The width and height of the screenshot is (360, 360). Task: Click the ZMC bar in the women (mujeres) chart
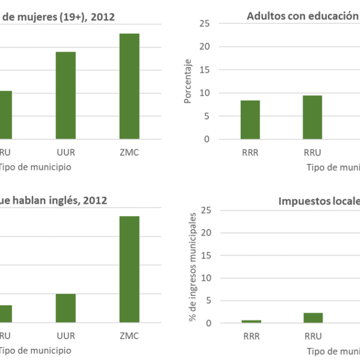(129, 86)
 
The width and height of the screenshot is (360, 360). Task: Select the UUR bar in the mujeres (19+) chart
(66, 95)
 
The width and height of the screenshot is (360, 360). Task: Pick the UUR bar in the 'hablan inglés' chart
(66, 308)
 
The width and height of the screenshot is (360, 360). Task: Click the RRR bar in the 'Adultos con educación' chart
(250, 120)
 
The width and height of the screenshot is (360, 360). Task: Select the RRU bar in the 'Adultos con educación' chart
(313, 117)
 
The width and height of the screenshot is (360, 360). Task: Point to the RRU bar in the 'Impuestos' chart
(313, 318)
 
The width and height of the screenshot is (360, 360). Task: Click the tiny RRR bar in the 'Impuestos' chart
(251, 321)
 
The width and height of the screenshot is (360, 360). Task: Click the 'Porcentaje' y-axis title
(188, 81)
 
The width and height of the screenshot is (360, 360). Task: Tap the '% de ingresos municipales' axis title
(193, 267)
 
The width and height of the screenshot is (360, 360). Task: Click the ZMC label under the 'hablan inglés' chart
(129, 336)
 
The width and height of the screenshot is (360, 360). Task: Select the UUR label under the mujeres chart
(66, 152)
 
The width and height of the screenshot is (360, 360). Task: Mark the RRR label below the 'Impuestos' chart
(251, 336)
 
